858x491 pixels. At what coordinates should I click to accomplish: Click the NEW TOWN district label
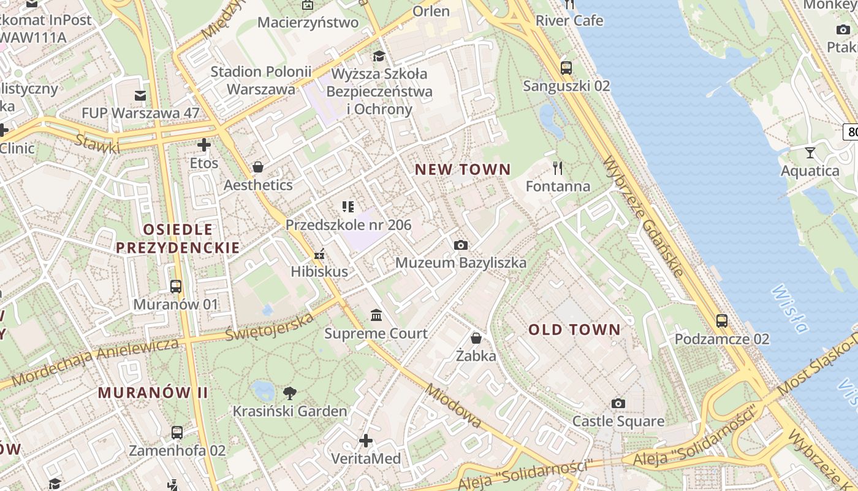tap(463, 170)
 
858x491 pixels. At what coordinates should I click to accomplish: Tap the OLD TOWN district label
tap(574, 330)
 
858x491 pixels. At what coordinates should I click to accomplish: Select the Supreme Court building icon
tap(376, 315)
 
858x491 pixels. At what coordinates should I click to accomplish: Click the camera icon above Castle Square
tap(618, 403)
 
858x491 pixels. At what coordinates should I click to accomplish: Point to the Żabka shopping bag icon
tap(476, 338)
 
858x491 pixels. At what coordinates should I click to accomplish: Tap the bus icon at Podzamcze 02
tap(722, 320)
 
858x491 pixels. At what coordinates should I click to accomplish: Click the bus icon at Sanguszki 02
tap(566, 68)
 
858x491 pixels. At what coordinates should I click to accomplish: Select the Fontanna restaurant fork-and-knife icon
tap(558, 168)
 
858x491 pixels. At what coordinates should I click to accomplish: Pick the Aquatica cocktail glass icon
tap(810, 152)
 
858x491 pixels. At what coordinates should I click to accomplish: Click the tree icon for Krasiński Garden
tap(290, 393)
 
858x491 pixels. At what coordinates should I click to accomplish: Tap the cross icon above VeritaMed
tap(366, 441)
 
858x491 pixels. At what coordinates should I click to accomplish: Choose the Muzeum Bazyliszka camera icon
tap(461, 245)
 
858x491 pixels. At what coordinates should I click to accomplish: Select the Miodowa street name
tap(454, 406)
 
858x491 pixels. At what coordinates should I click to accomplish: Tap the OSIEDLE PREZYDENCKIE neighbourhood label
tap(178, 239)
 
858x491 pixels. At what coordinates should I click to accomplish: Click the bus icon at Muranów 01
tap(176, 286)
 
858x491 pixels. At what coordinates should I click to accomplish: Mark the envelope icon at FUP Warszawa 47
tap(140, 95)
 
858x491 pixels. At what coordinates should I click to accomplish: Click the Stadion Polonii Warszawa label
tap(261, 80)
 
